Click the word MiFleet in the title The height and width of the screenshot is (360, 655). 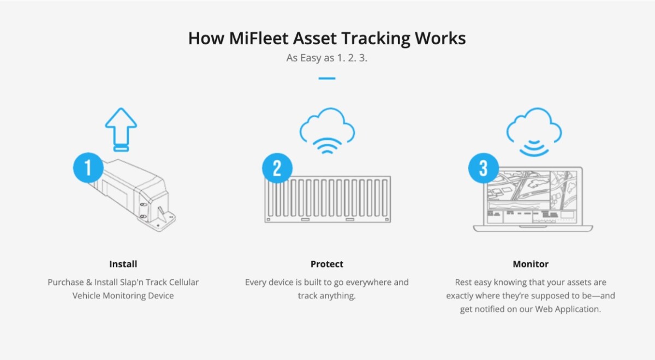pos(259,38)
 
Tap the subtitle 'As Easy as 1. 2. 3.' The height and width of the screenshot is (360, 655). pos(326,58)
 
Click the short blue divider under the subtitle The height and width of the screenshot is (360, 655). pos(327,79)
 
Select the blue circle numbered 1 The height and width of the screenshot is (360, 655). pos(88,168)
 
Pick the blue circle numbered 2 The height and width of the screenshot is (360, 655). pos(277,168)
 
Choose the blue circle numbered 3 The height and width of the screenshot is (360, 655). pos(484,168)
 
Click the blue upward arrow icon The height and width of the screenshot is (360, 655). pos(121,129)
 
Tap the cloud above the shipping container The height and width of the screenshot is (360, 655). pos(327,125)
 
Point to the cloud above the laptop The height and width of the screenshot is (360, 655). pos(534,125)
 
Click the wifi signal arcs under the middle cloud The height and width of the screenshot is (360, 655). pos(327,146)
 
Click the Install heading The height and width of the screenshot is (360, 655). pos(123,264)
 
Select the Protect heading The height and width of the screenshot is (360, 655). pos(327,264)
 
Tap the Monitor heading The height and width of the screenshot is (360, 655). pos(531,264)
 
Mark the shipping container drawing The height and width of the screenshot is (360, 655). pos(327,199)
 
